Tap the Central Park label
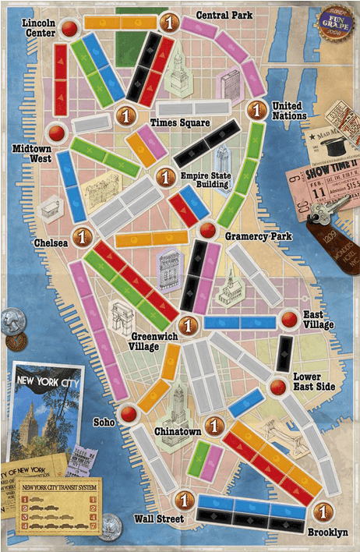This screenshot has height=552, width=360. coord(223,16)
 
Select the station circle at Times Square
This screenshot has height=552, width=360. coord(122,116)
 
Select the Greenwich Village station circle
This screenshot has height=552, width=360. coord(186,324)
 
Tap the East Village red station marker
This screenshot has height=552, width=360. coord(290,317)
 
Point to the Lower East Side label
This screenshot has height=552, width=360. coord(314,381)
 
